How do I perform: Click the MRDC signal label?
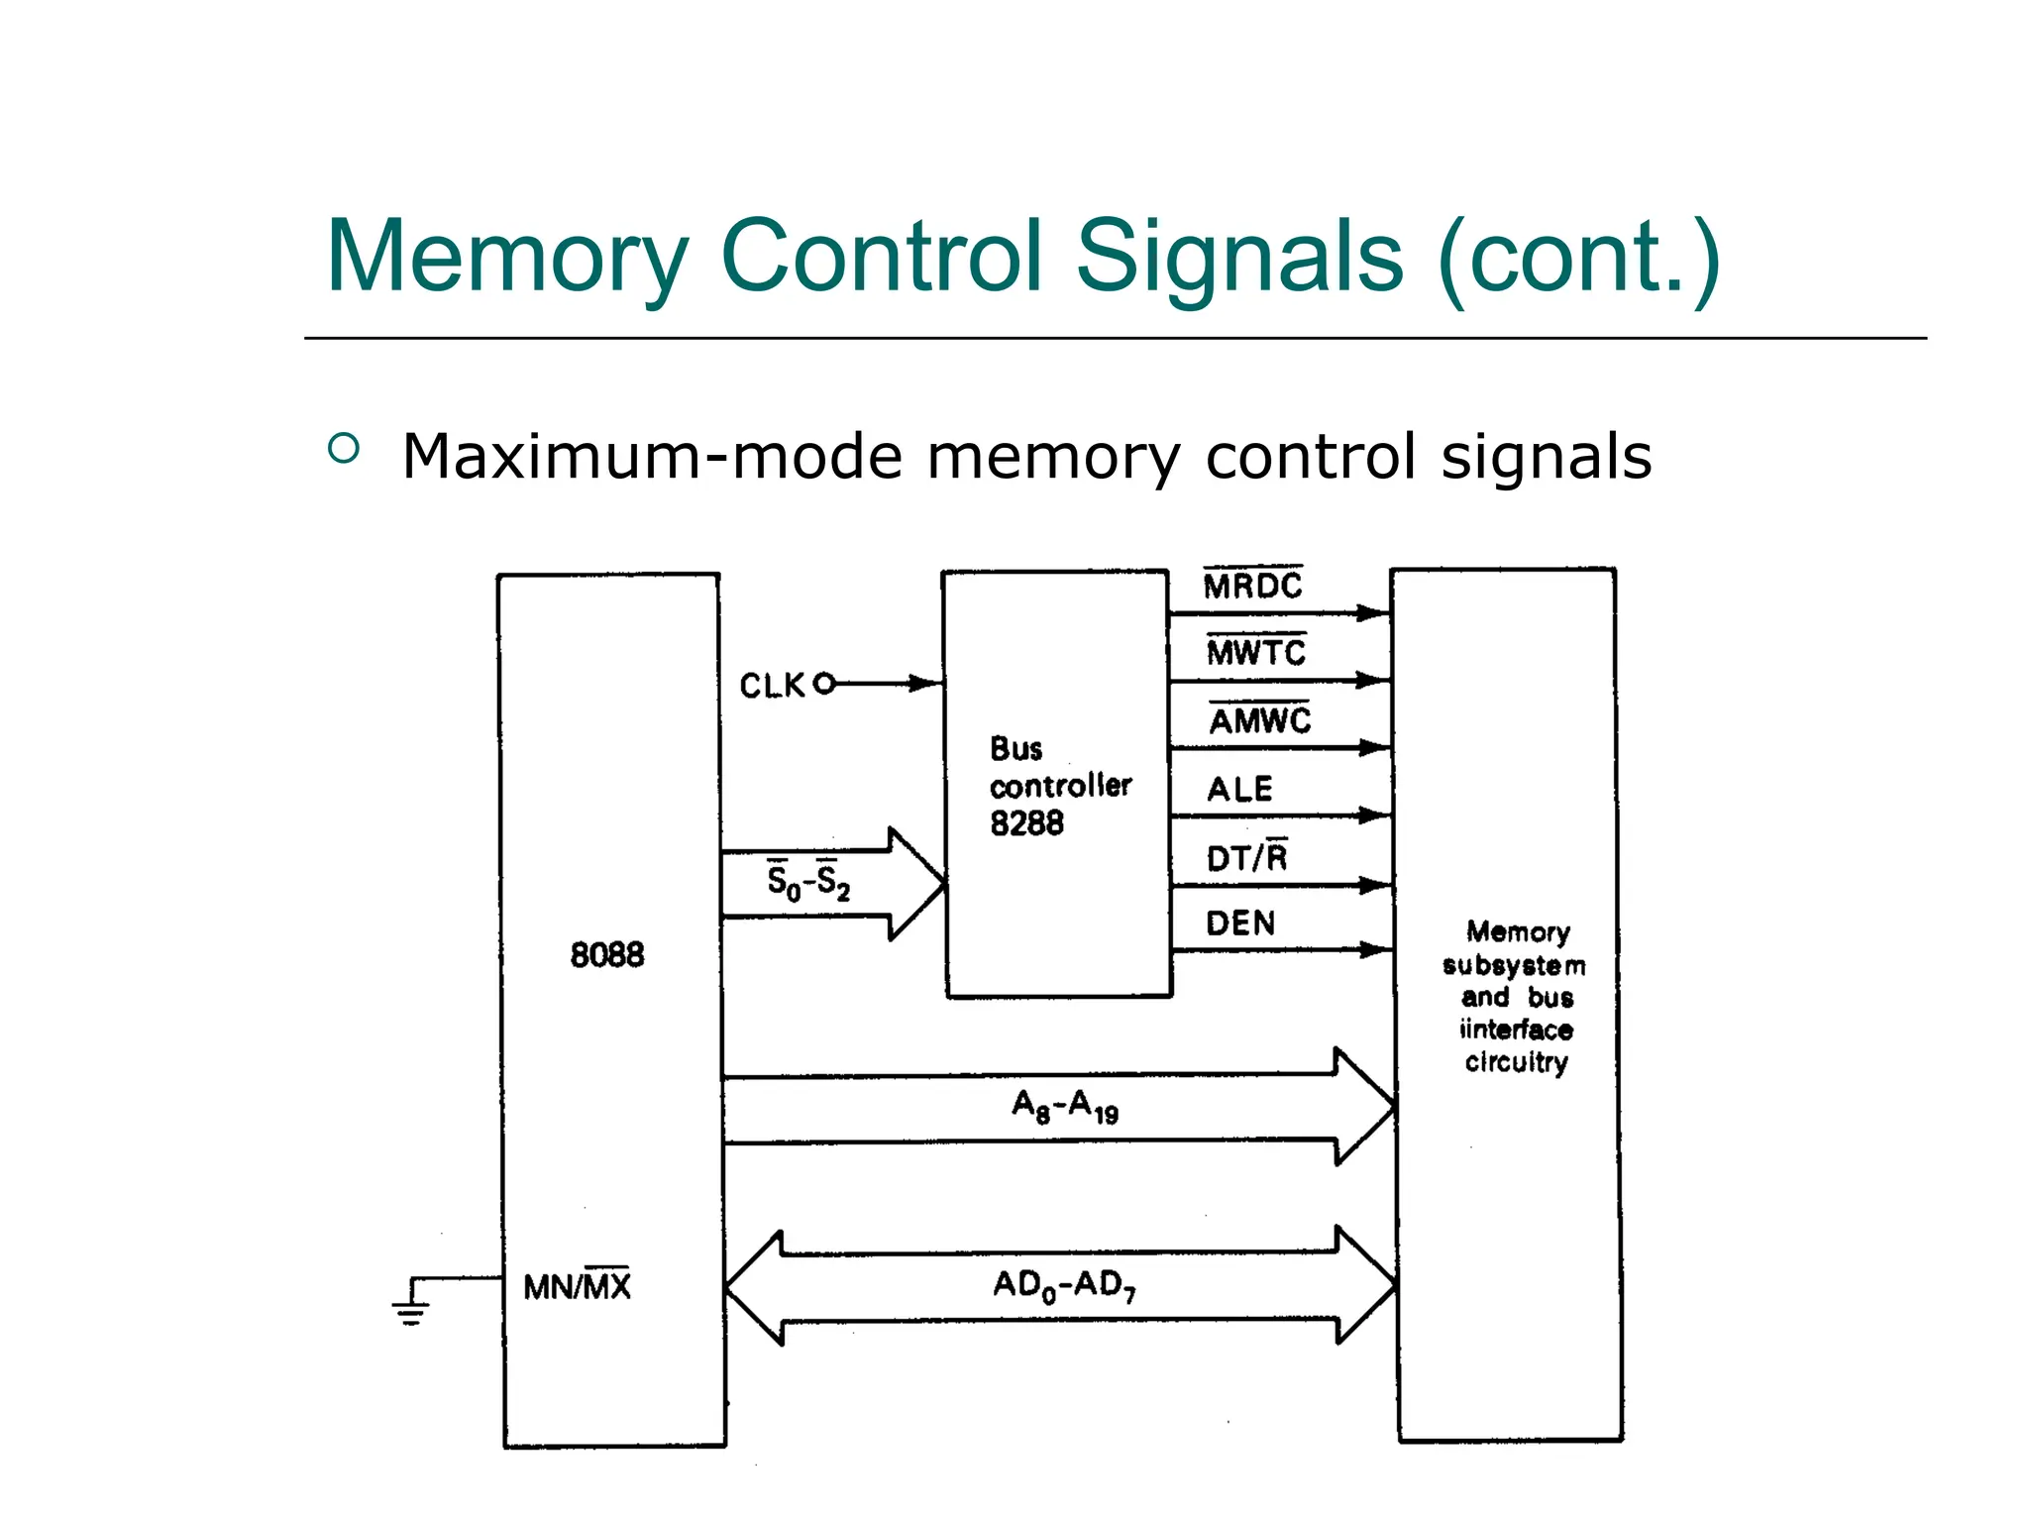click(x=1252, y=587)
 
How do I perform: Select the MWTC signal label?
click(x=1256, y=653)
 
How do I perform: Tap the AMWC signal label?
click(x=1260, y=720)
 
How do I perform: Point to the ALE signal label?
click(x=1239, y=790)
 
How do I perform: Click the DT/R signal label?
click(x=1246, y=857)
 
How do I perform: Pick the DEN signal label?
click(x=1240, y=924)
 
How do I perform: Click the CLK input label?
click(x=773, y=686)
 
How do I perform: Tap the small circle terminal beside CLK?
click(x=824, y=684)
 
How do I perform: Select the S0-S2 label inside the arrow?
click(x=808, y=881)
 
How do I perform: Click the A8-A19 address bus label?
click(x=1065, y=1106)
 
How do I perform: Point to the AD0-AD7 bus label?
click(x=1064, y=1285)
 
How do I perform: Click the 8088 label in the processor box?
click(x=607, y=955)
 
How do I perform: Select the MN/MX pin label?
click(x=577, y=1287)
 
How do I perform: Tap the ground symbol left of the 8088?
click(x=412, y=1311)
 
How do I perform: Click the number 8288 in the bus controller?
click(x=1026, y=823)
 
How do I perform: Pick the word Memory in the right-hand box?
click(x=1518, y=932)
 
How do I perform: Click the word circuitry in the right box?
click(x=1516, y=1062)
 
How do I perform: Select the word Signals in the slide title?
click(x=1238, y=257)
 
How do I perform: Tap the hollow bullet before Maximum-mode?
click(x=344, y=449)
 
